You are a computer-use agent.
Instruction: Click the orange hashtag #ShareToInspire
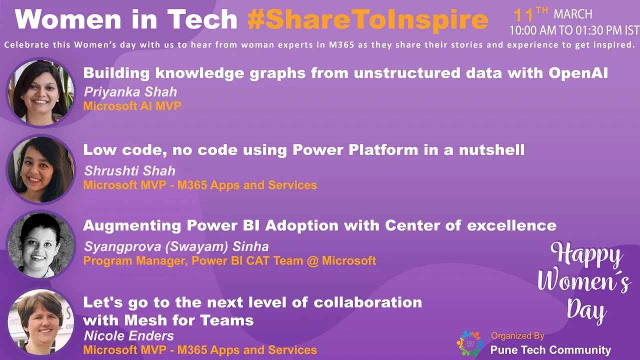click(x=367, y=19)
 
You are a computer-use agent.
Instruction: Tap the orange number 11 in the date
click(x=523, y=15)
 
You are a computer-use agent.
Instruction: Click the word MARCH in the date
click(x=573, y=14)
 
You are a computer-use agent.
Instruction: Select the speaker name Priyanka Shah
click(x=130, y=92)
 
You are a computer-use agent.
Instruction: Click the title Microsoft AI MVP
click(x=132, y=106)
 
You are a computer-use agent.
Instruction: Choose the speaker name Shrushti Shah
click(x=129, y=171)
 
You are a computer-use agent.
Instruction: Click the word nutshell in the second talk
click(x=491, y=149)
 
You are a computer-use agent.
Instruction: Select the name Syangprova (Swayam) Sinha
click(x=176, y=246)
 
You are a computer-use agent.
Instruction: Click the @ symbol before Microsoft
click(x=312, y=261)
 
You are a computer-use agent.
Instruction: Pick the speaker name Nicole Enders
click(x=129, y=336)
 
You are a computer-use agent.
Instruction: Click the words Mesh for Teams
click(x=189, y=320)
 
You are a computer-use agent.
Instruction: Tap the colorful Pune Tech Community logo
click(x=470, y=343)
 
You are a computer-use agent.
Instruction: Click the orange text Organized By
click(x=517, y=336)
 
